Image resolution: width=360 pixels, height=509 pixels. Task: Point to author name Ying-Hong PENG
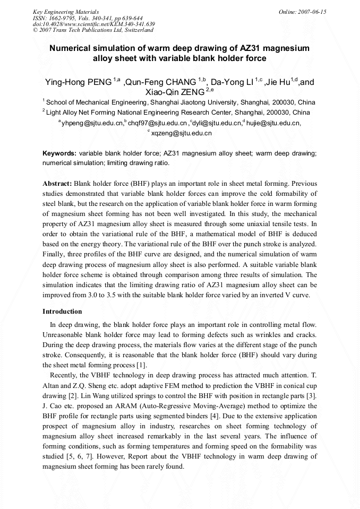(x=78, y=82)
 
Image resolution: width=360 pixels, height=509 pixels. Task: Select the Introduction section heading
(x=62, y=311)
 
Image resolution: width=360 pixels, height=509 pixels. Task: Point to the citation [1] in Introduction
(x=141, y=365)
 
